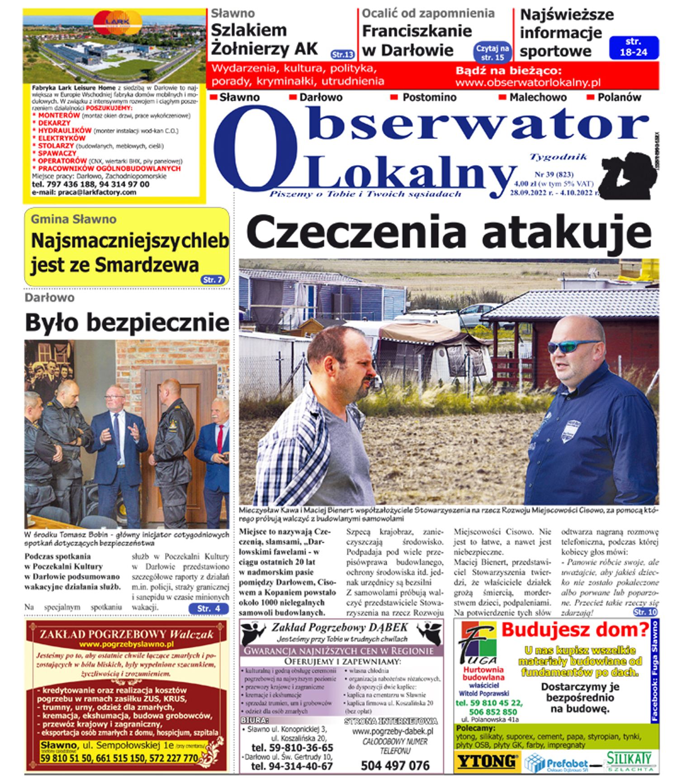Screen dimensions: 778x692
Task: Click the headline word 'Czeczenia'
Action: (x=356, y=232)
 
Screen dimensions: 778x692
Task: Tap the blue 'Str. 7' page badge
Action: (x=213, y=280)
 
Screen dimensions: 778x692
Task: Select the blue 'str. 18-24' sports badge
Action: (x=633, y=47)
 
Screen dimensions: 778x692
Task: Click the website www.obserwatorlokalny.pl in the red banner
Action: (x=528, y=82)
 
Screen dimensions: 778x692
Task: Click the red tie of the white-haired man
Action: (x=220, y=438)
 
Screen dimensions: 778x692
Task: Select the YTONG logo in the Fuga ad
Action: (x=487, y=761)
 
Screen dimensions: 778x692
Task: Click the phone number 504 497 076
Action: (x=395, y=765)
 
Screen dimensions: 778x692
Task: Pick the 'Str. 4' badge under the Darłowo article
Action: (x=209, y=608)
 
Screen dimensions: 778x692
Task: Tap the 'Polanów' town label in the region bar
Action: (x=619, y=97)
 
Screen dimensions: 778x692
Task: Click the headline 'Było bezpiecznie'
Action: (x=127, y=323)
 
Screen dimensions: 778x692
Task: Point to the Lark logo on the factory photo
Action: (x=118, y=23)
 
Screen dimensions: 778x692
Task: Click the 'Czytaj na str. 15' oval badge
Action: (x=493, y=53)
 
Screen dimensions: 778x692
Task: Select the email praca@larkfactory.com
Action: (x=84, y=192)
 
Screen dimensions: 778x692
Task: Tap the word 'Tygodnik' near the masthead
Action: (x=558, y=157)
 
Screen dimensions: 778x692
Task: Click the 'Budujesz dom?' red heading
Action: (x=575, y=630)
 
